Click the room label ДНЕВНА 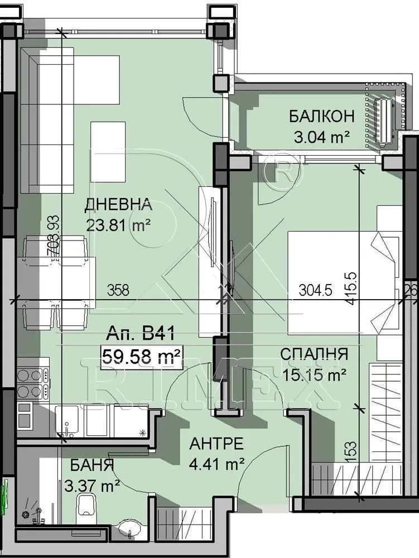click(118, 205)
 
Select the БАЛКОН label click(321, 117)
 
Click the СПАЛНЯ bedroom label click(314, 354)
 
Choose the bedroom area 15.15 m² click(314, 374)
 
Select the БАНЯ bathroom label click(92, 465)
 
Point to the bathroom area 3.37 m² click(93, 485)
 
